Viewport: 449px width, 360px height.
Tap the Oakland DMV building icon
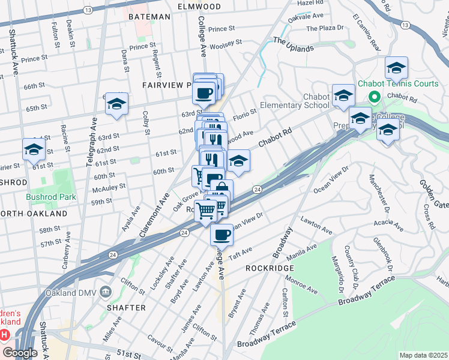click(106, 292)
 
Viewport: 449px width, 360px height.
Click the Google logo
click(19, 353)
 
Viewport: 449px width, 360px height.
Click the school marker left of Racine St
click(34, 149)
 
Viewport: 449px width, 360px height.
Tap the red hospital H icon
click(5, 334)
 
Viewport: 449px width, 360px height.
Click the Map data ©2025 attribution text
click(423, 355)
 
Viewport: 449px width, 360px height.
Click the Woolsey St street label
click(226, 43)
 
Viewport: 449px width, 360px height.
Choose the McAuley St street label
click(109, 186)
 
